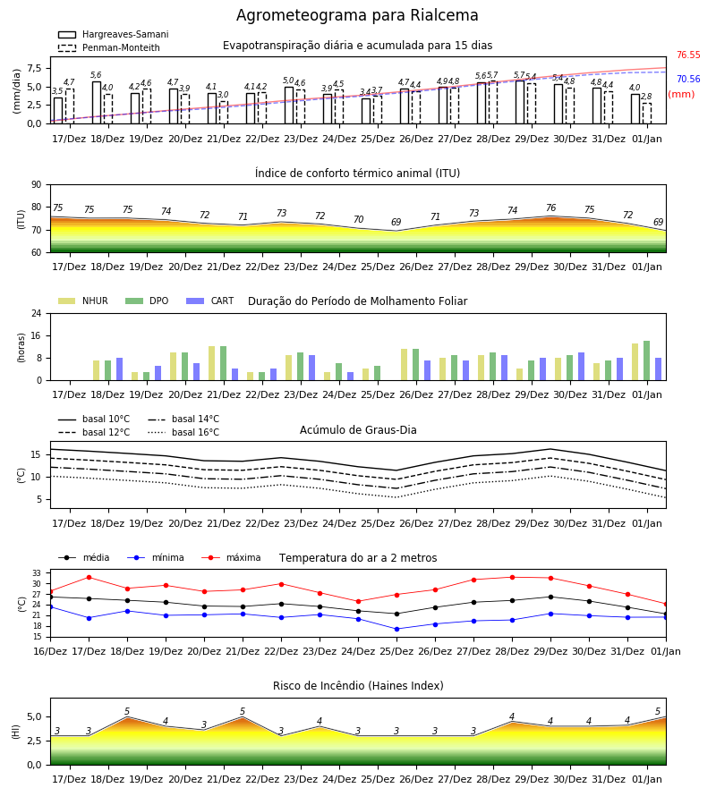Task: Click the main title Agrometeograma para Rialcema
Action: pyautogui.click(x=357, y=15)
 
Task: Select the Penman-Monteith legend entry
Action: pyautogui.click(x=109, y=47)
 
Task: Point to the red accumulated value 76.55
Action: pyautogui.click(x=688, y=55)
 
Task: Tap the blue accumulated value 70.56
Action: pyautogui.click(x=688, y=79)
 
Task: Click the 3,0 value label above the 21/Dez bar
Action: pyautogui.click(x=223, y=95)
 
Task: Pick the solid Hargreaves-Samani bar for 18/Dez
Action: pyautogui.click(x=97, y=103)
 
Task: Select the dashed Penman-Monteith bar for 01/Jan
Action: pyautogui.click(x=647, y=114)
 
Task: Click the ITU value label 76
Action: pyautogui.click(x=550, y=208)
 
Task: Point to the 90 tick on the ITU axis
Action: pyautogui.click(x=37, y=185)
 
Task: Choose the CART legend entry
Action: pyautogui.click(x=210, y=301)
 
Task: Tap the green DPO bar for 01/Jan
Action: pyautogui.click(x=647, y=361)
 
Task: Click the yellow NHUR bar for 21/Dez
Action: pyautogui.click(x=211, y=363)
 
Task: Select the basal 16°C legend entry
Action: pyautogui.click(x=183, y=433)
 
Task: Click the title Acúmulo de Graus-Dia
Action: pyautogui.click(x=358, y=430)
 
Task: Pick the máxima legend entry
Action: pyautogui.click(x=232, y=557)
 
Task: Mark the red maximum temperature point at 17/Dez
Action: pyautogui.click(x=89, y=578)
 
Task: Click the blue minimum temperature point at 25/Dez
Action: pyautogui.click(x=396, y=630)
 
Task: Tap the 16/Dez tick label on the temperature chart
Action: pyautogui.click(x=50, y=651)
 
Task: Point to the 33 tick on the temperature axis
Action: pyautogui.click(x=37, y=573)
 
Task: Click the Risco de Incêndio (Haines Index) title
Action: pyautogui.click(x=358, y=686)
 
